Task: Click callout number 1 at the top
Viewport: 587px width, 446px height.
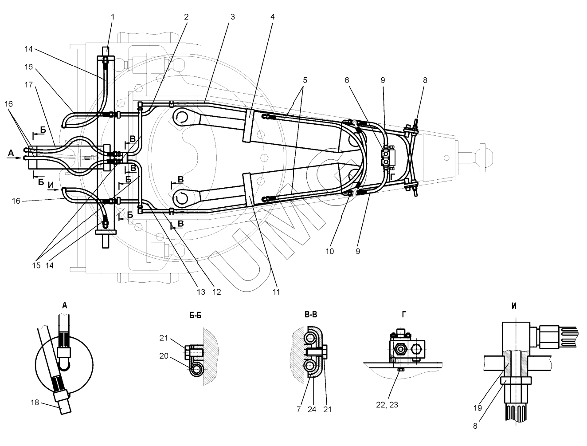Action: pos(113,17)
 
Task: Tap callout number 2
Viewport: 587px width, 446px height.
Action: pos(186,17)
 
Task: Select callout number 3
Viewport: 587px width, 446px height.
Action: pos(232,17)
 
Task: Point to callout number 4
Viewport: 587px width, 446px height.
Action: pos(273,17)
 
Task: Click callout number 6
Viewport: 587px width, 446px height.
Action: pos(347,80)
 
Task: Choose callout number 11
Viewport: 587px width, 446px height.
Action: pos(277,292)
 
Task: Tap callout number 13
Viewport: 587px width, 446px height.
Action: pos(201,292)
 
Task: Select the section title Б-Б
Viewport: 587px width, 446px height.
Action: pos(195,316)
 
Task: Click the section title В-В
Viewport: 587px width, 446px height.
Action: pos(310,315)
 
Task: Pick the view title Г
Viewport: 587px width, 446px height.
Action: pos(404,314)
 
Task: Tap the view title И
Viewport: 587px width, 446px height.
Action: pos(513,306)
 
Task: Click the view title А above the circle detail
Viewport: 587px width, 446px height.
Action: pos(65,305)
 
